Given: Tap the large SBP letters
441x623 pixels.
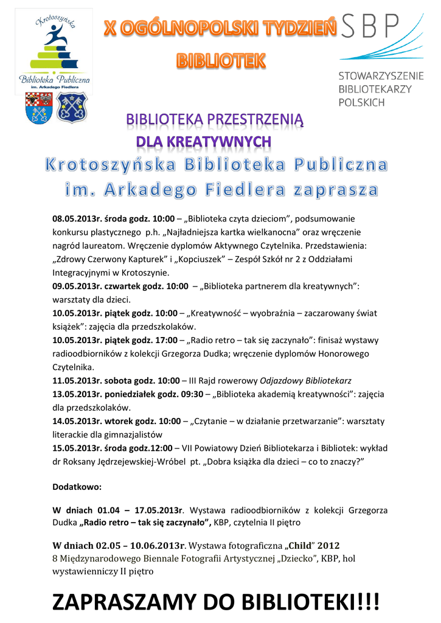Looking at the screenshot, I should [x=369, y=26].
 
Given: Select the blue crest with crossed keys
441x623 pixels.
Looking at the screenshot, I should [x=72, y=107].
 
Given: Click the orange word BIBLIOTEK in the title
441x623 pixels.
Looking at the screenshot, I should [x=221, y=61].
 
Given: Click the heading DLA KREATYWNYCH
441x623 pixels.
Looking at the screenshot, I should [x=203, y=142].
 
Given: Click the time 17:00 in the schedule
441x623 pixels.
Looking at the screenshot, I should [x=165, y=340].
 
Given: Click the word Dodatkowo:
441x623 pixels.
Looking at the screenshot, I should [x=77, y=487].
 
